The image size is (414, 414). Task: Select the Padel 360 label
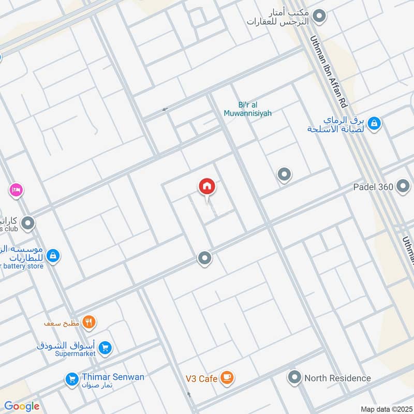tap(373, 187)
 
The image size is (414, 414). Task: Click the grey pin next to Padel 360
tap(403, 187)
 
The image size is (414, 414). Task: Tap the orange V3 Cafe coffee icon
tap(226, 378)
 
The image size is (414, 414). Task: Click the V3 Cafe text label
tap(201, 379)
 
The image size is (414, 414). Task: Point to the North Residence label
tap(337, 378)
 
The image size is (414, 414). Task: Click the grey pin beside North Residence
tap(294, 377)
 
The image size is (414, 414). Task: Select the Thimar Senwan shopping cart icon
tap(71, 380)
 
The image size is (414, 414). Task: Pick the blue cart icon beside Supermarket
tap(105, 348)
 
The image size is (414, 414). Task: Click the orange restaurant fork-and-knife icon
tap(90, 322)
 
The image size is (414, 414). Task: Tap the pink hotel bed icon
tap(16, 190)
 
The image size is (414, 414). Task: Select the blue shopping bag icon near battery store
tap(53, 256)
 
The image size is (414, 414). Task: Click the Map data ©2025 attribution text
tap(386, 409)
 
